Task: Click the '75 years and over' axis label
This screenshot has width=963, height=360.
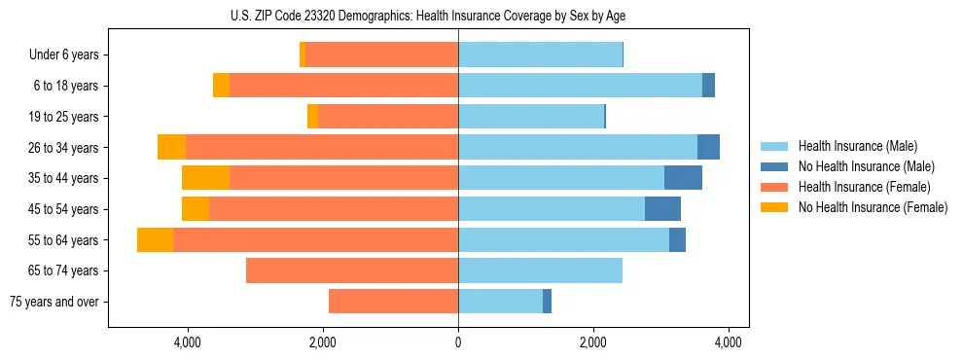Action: click(54, 302)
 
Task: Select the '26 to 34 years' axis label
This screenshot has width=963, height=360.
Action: click(62, 148)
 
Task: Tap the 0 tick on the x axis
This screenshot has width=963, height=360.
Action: click(458, 342)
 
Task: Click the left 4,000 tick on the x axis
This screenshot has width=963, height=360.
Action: click(187, 342)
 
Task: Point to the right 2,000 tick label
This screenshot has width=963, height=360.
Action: click(593, 342)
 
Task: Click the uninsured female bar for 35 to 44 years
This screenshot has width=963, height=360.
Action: click(205, 178)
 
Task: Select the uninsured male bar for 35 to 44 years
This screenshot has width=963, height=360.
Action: click(683, 178)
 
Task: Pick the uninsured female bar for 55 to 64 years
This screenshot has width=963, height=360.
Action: click(155, 240)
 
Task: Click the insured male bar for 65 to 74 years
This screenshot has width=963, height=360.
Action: click(540, 270)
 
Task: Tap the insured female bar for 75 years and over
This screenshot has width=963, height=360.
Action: click(393, 302)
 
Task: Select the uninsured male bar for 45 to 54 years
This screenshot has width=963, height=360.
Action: click(662, 209)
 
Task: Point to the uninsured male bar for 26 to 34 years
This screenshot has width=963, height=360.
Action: click(708, 148)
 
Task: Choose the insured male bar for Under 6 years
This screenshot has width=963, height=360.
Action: click(540, 55)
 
